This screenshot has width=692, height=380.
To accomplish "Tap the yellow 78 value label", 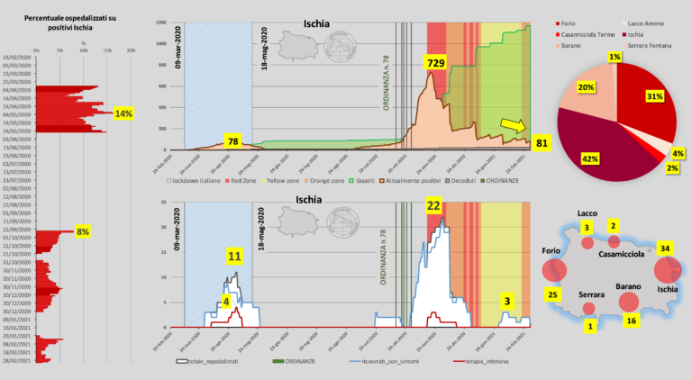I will pos(232,141).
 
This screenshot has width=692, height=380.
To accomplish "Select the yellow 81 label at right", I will pos(542,143).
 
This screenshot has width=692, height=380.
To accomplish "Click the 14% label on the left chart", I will pos(123,113).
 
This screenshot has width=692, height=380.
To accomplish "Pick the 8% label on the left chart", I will pos(83,231).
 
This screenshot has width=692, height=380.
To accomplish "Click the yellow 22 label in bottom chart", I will pos(433,206).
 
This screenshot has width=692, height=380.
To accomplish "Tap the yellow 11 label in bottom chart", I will pos(234,257).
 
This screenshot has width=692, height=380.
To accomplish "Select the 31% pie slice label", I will pos(653,96).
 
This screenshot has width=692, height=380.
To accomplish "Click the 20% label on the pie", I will pos(586,87).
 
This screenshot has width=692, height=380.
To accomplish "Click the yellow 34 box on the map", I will pos(665,248).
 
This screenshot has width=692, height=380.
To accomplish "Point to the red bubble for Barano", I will pos(629,303).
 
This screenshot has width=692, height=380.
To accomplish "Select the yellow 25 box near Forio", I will pos(552,294).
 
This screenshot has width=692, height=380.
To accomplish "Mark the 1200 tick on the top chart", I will pos(162,20).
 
